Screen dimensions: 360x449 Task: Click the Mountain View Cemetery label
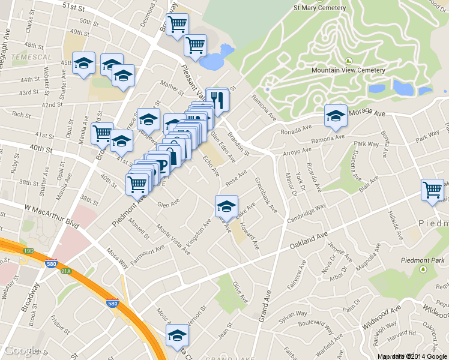pyautogui.click(x=348, y=70)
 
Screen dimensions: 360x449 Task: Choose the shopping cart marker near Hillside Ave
pyautogui.click(x=432, y=190)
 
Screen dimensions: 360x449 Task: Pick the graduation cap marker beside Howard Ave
pyautogui.click(x=226, y=206)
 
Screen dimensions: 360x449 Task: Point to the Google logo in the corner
pyautogui.click(x=20, y=351)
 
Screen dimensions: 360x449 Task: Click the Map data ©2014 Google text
pyautogui.click(x=412, y=356)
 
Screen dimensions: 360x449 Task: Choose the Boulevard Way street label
pyautogui.click(x=310, y=330)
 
